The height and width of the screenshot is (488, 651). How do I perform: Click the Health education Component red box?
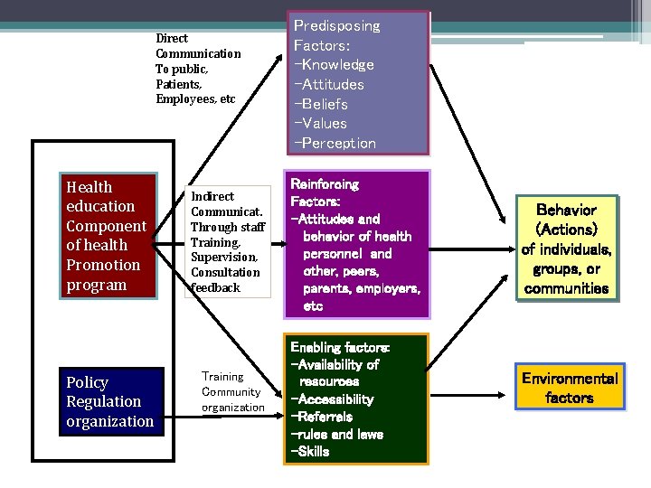(107, 236)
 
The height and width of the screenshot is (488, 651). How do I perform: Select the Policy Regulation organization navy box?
(110, 401)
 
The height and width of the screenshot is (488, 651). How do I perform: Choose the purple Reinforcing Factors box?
(355, 244)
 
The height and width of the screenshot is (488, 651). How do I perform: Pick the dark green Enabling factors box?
(356, 399)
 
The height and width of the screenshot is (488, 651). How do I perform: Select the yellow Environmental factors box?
(570, 388)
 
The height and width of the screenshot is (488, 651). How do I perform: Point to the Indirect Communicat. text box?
(228, 241)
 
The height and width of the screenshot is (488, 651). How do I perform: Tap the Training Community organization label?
(232, 391)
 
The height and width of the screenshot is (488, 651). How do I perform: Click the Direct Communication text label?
(198, 69)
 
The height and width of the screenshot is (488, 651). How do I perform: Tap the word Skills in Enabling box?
(312, 451)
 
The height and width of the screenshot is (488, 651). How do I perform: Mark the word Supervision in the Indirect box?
(224, 258)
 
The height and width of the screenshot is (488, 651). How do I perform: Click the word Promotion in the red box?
(103, 265)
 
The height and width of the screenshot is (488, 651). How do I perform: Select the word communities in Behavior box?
(567, 289)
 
